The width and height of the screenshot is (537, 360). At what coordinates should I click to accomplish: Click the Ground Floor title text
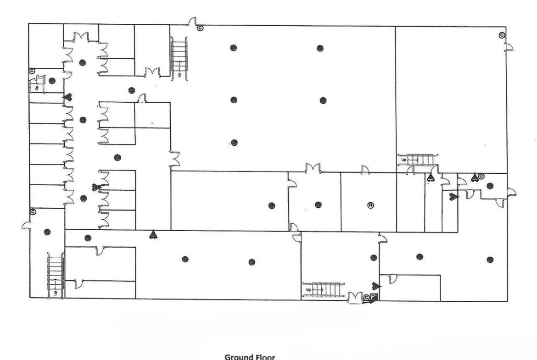click(x=250, y=357)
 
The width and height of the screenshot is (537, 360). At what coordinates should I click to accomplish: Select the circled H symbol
click(x=370, y=205)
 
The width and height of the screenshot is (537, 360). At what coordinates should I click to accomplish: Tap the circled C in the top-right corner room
click(x=502, y=35)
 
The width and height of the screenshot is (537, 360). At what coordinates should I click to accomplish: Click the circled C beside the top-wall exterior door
click(x=200, y=28)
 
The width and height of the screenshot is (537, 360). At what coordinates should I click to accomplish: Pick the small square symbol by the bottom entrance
click(x=374, y=297)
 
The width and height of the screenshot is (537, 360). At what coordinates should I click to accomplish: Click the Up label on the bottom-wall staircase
click(x=308, y=290)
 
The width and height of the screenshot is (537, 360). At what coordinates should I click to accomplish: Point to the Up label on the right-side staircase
click(x=404, y=160)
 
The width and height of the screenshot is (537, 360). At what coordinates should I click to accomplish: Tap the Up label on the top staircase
click(x=179, y=74)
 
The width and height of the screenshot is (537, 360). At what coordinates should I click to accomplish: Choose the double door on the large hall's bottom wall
click(x=313, y=168)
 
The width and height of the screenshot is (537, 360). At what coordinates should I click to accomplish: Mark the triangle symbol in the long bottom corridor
click(x=153, y=234)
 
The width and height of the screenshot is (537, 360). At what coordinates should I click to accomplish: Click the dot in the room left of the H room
click(x=318, y=205)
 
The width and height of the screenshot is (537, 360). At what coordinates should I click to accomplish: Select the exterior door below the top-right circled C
click(x=509, y=47)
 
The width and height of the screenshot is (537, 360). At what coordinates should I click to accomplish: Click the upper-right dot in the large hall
click(x=320, y=48)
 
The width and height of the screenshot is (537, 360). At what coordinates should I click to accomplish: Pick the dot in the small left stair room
click(x=52, y=81)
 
